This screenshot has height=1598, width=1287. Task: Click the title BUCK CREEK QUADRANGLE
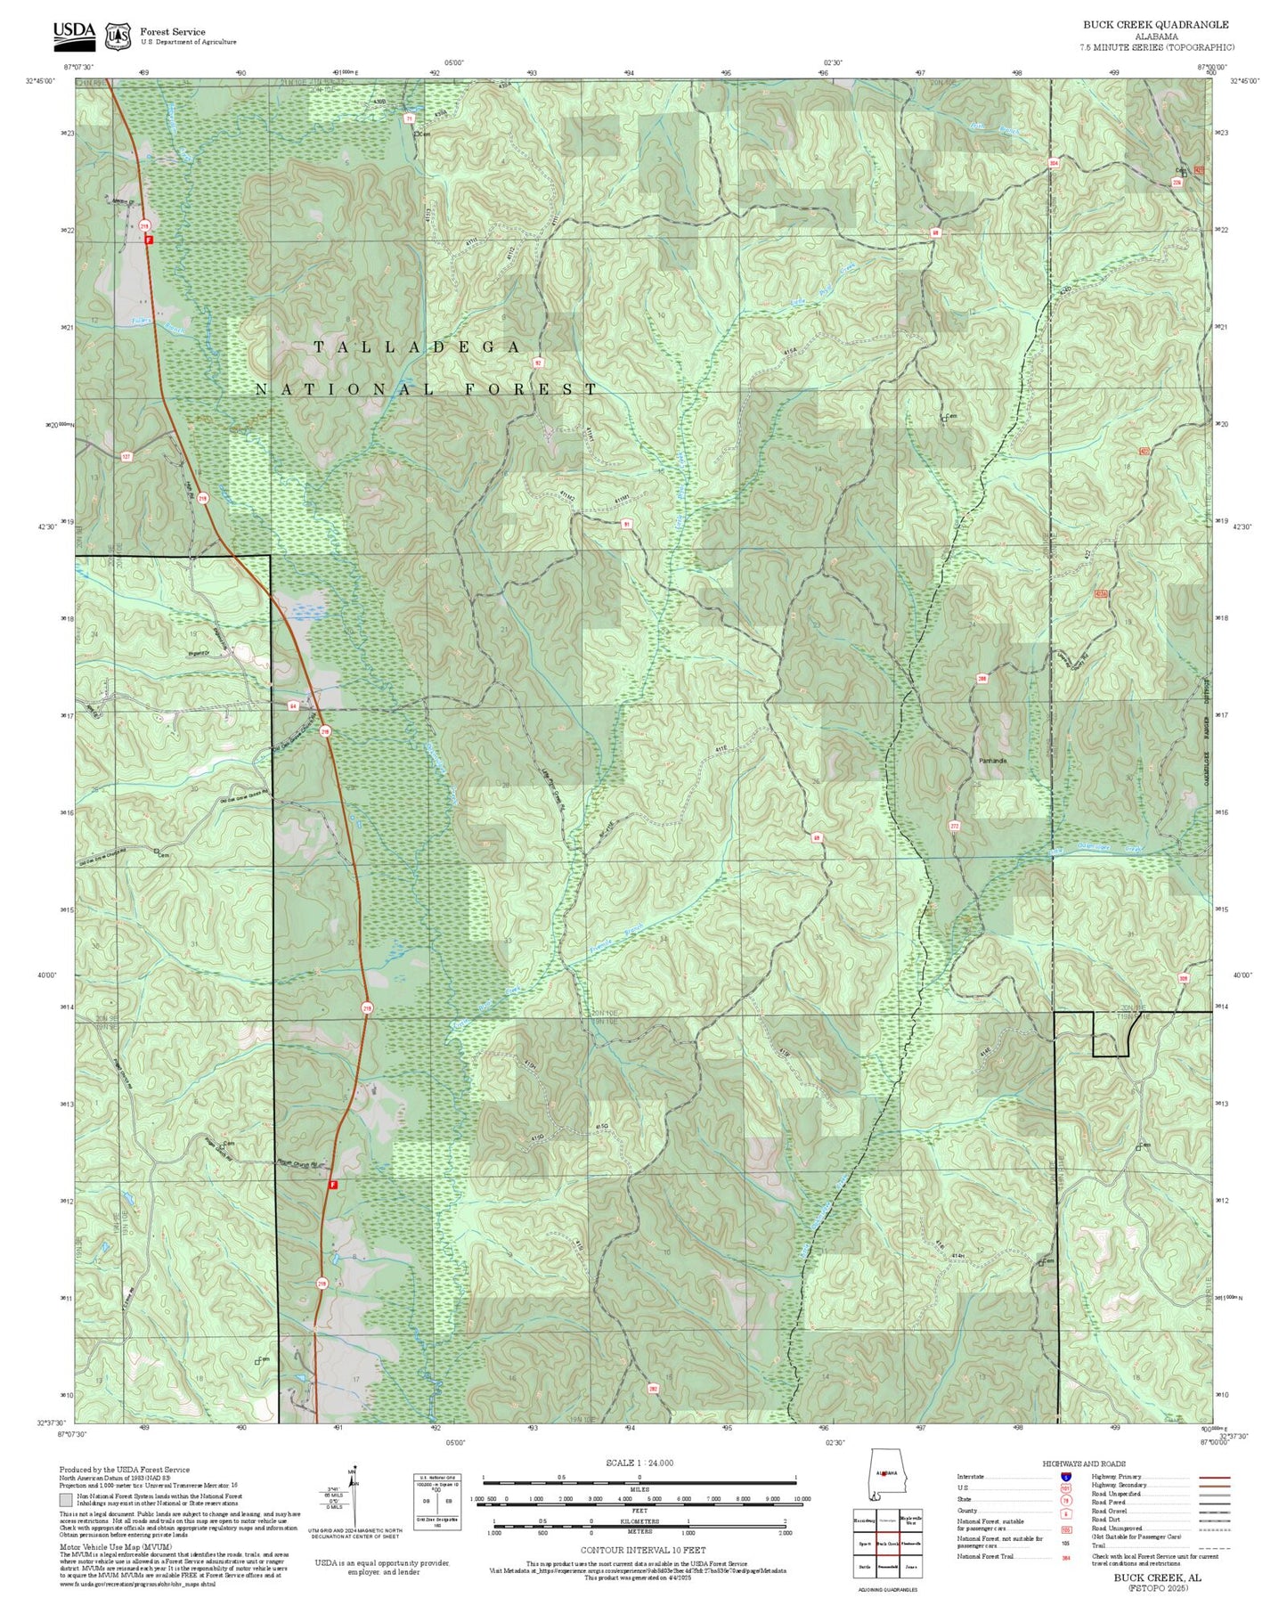1155,25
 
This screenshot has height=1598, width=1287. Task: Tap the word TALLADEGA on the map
417,347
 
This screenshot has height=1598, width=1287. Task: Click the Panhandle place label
992,761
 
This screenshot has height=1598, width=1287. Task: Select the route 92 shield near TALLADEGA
538,363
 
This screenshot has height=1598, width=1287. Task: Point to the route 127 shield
126,456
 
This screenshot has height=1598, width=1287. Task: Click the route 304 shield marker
1054,163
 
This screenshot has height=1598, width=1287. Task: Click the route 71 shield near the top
410,118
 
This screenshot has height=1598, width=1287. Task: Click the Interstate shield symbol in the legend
1066,1476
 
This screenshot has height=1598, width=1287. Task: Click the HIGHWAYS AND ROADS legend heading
1084,1463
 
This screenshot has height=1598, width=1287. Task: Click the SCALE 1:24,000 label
639,1463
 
